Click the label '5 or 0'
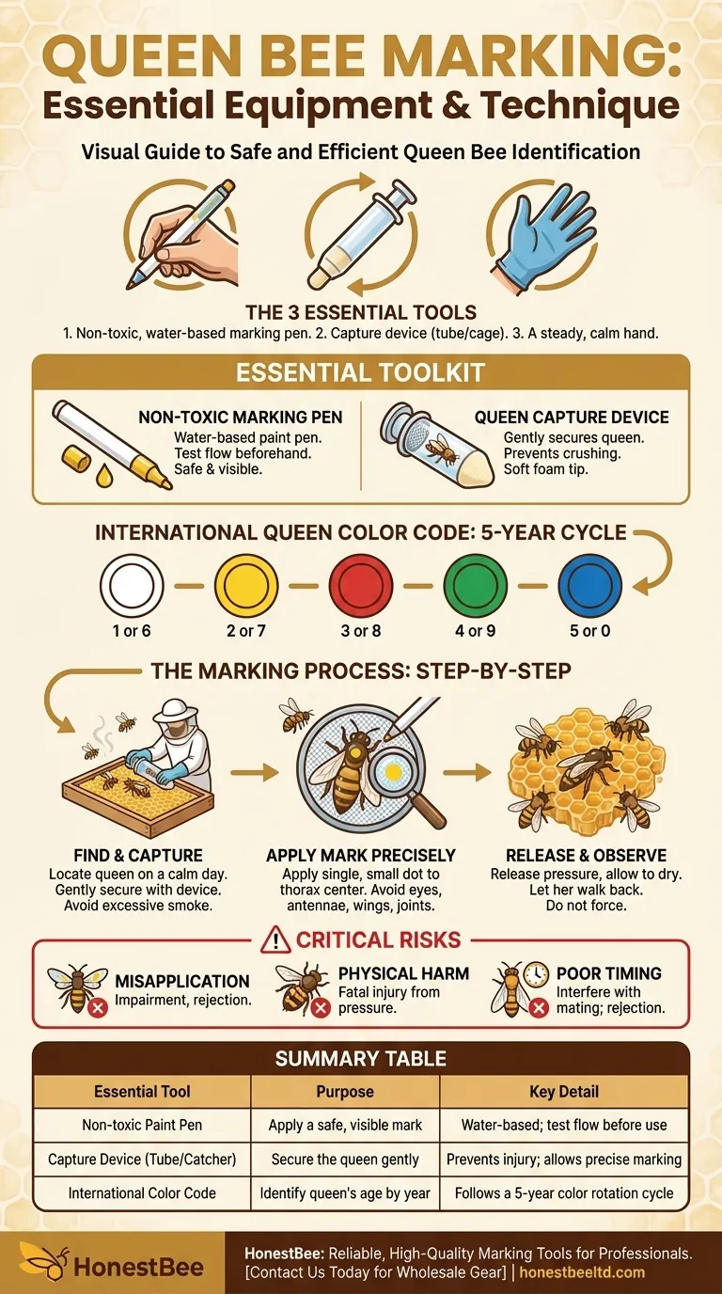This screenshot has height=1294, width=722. coord(589,630)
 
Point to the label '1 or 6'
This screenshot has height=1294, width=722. coord(132,630)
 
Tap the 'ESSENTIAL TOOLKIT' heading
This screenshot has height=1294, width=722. coord(361,372)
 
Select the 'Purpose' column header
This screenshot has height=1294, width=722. coord(345,1092)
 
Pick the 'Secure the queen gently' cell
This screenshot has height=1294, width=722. coord(345,1160)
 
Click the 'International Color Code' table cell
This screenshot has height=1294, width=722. coord(142,1193)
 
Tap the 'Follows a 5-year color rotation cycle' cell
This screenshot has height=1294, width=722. coord(564,1193)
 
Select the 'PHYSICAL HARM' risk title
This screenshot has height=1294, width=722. coord(403,973)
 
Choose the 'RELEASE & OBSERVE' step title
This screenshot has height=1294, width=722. coord(586,855)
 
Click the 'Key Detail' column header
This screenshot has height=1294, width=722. coord(564,1092)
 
